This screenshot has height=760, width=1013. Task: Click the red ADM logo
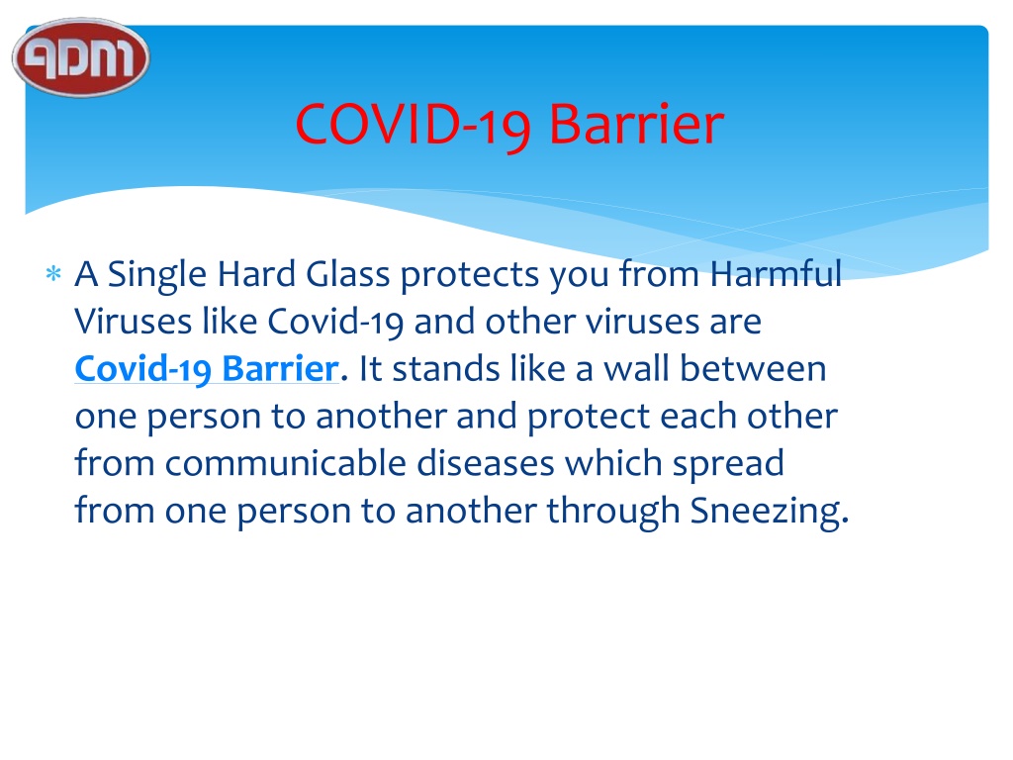pyautogui.click(x=81, y=57)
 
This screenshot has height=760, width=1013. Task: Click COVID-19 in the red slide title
pyautogui.click(x=413, y=125)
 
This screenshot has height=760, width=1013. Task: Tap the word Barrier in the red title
pyautogui.click(x=636, y=124)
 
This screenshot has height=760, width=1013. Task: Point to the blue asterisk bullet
pyautogui.click(x=53, y=273)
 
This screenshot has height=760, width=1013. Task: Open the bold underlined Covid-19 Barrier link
pyautogui.click(x=207, y=369)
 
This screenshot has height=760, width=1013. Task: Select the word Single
pyautogui.click(x=157, y=275)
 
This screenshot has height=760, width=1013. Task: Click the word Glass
pyautogui.click(x=348, y=274)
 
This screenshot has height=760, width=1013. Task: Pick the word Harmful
pyautogui.click(x=776, y=273)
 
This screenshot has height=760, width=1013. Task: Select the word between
pyautogui.click(x=753, y=368)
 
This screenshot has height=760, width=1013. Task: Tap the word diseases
pyautogui.click(x=485, y=463)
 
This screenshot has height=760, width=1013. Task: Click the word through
pyautogui.click(x=613, y=513)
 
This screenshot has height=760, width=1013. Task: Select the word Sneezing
pyautogui.click(x=770, y=513)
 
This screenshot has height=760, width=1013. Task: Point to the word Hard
pyautogui.click(x=256, y=274)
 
